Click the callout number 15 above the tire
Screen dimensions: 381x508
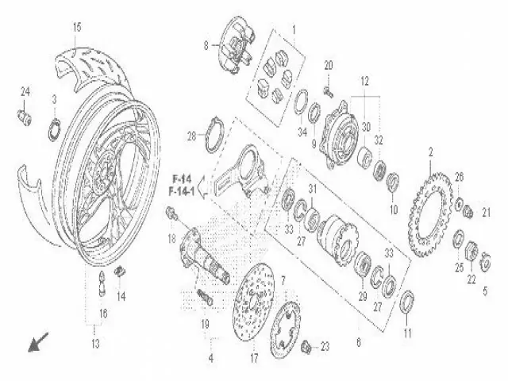point(77,29)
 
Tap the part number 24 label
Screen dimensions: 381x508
point(25,92)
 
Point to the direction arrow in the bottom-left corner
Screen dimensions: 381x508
point(36,343)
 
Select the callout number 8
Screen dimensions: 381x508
point(205,46)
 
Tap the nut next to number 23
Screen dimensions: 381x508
point(306,347)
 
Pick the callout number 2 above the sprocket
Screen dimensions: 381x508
point(430,151)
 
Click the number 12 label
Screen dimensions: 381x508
point(366,81)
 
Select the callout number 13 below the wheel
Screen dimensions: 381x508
point(96,344)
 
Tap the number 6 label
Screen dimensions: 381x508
point(358,342)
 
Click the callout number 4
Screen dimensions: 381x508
point(210,358)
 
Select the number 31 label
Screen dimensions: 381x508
point(313,188)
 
